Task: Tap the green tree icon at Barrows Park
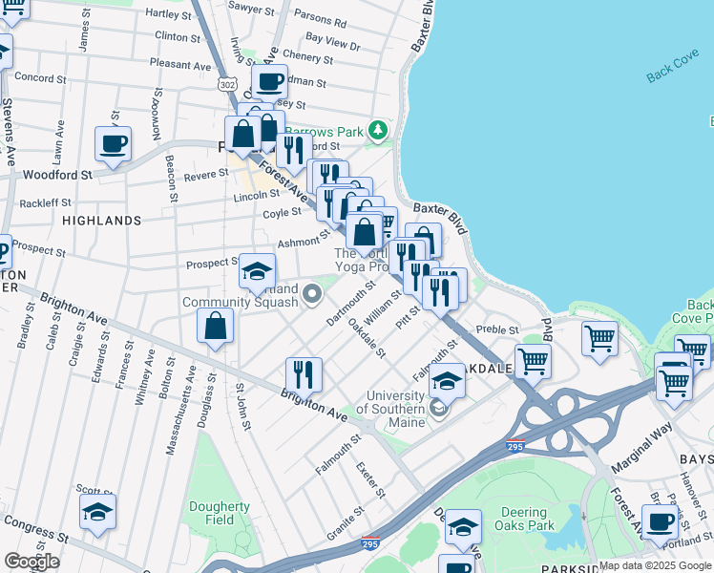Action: (379, 129)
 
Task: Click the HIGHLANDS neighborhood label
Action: (101, 221)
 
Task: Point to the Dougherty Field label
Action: (219, 514)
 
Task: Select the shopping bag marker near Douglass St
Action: (216, 326)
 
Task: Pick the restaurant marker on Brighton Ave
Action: (304, 373)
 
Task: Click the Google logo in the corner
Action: (31, 562)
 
